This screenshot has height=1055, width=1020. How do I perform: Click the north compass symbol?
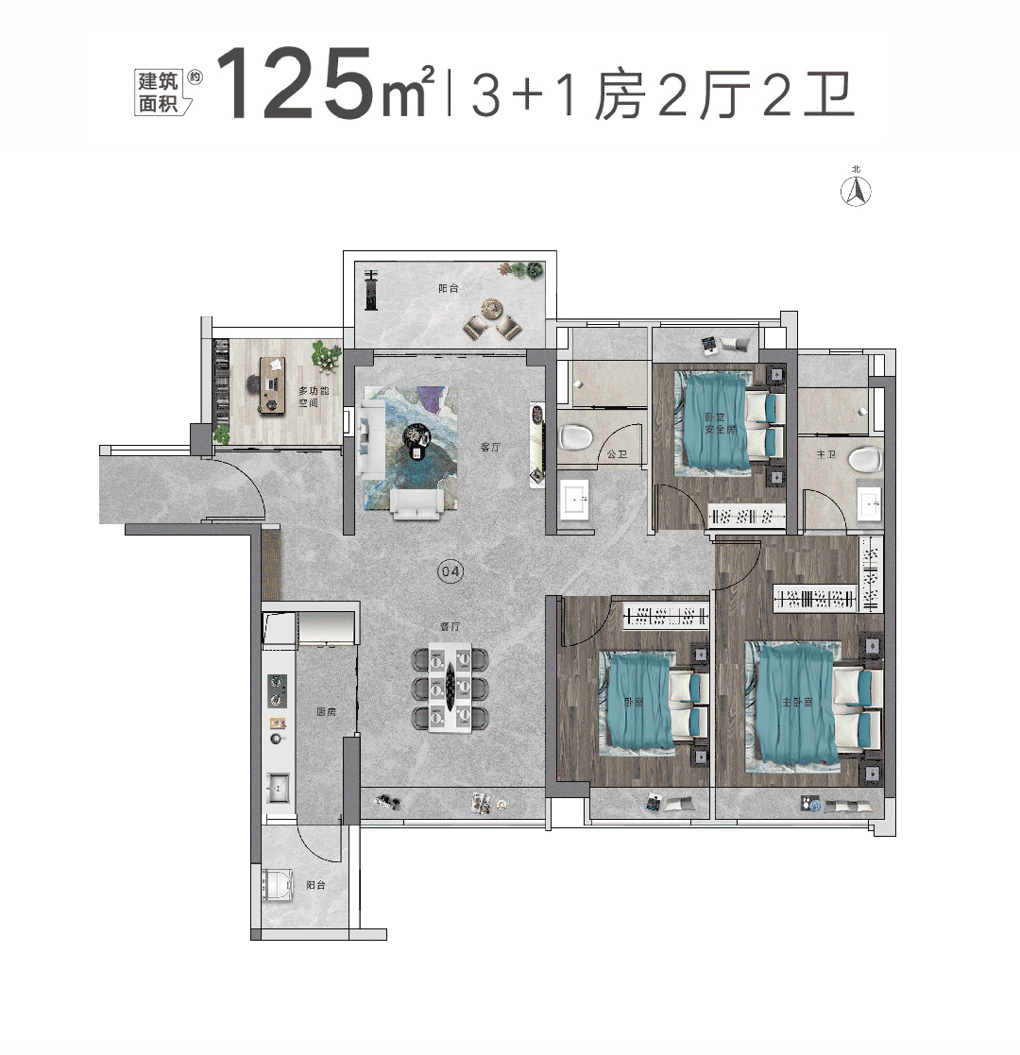pos(857,191)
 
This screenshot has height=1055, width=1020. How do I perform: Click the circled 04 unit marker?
pos(450,571)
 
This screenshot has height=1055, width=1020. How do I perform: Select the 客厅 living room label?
pos(489,448)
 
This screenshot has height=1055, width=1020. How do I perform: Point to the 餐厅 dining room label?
pos(450,626)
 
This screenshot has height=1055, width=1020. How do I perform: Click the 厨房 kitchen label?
pos(327,711)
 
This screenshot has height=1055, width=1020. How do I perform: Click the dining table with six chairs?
pos(450,688)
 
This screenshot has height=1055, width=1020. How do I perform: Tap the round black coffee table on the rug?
pos(416,436)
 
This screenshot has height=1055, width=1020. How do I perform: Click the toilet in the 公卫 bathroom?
pos(575,436)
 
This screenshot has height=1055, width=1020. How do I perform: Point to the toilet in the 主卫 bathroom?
pos(863,460)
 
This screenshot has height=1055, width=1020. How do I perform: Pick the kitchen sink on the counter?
pos(277,784)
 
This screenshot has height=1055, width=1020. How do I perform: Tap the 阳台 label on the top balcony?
pos(449,289)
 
